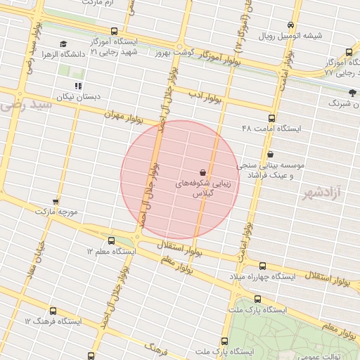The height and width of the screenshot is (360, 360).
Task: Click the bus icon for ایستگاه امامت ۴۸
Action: (x=272, y=118)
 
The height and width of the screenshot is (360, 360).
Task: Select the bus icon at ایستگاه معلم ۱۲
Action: (x=112, y=240)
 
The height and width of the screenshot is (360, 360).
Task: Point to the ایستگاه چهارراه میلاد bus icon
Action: (x=262, y=266)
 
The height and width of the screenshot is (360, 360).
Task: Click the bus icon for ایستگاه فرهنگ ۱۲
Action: (x=53, y=311)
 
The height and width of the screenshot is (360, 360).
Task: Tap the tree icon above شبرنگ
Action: (x=352, y=93)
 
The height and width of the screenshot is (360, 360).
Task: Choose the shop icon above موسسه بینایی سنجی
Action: (x=271, y=155)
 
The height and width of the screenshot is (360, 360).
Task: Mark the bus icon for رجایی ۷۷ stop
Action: (x=349, y=52)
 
